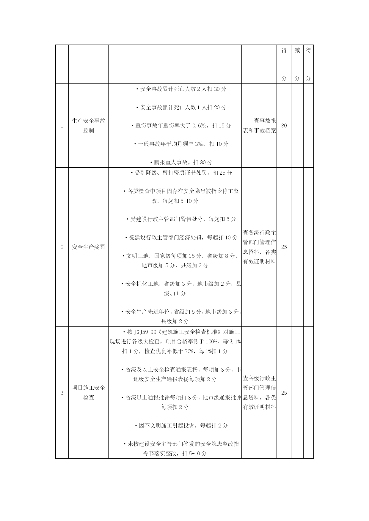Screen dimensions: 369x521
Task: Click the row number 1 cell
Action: pyautogui.click(x=62, y=126)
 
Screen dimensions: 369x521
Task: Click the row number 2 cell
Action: pyautogui.click(x=62, y=247)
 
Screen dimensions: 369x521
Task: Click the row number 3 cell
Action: pyautogui.click(x=62, y=393)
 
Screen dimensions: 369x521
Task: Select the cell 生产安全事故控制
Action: pyautogui.click(x=89, y=126)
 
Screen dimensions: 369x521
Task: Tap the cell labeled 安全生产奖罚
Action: pyautogui.click(x=89, y=247)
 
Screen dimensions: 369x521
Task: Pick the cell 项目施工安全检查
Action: pyautogui.click(x=89, y=393)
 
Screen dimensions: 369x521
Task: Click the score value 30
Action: pyautogui.click(x=284, y=126)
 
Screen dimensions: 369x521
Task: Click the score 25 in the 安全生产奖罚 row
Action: pyautogui.click(x=284, y=247)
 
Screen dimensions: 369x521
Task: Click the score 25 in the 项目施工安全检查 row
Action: pyautogui.click(x=284, y=393)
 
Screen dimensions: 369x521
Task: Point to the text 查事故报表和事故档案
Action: pyautogui.click(x=260, y=126)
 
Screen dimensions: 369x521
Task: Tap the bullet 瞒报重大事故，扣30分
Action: pyautogui.click(x=181, y=162)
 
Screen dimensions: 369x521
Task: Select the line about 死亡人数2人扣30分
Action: pyautogui.click(x=181, y=89)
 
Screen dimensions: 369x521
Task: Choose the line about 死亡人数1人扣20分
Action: pyautogui.click(x=181, y=108)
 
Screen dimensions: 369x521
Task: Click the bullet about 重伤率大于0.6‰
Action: pyautogui.click(x=181, y=126)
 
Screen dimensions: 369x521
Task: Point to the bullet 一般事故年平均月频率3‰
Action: pyautogui.click(x=181, y=144)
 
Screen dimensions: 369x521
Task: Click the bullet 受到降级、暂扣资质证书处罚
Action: pyautogui.click(x=181, y=173)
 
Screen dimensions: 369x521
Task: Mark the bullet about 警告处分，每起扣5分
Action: pyautogui.click(x=181, y=219)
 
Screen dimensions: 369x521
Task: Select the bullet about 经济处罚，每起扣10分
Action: pyautogui.click(x=181, y=238)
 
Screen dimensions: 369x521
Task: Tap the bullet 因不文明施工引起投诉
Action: pyautogui.click(x=181, y=426)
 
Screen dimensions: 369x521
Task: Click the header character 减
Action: pyautogui.click(x=297, y=50)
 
